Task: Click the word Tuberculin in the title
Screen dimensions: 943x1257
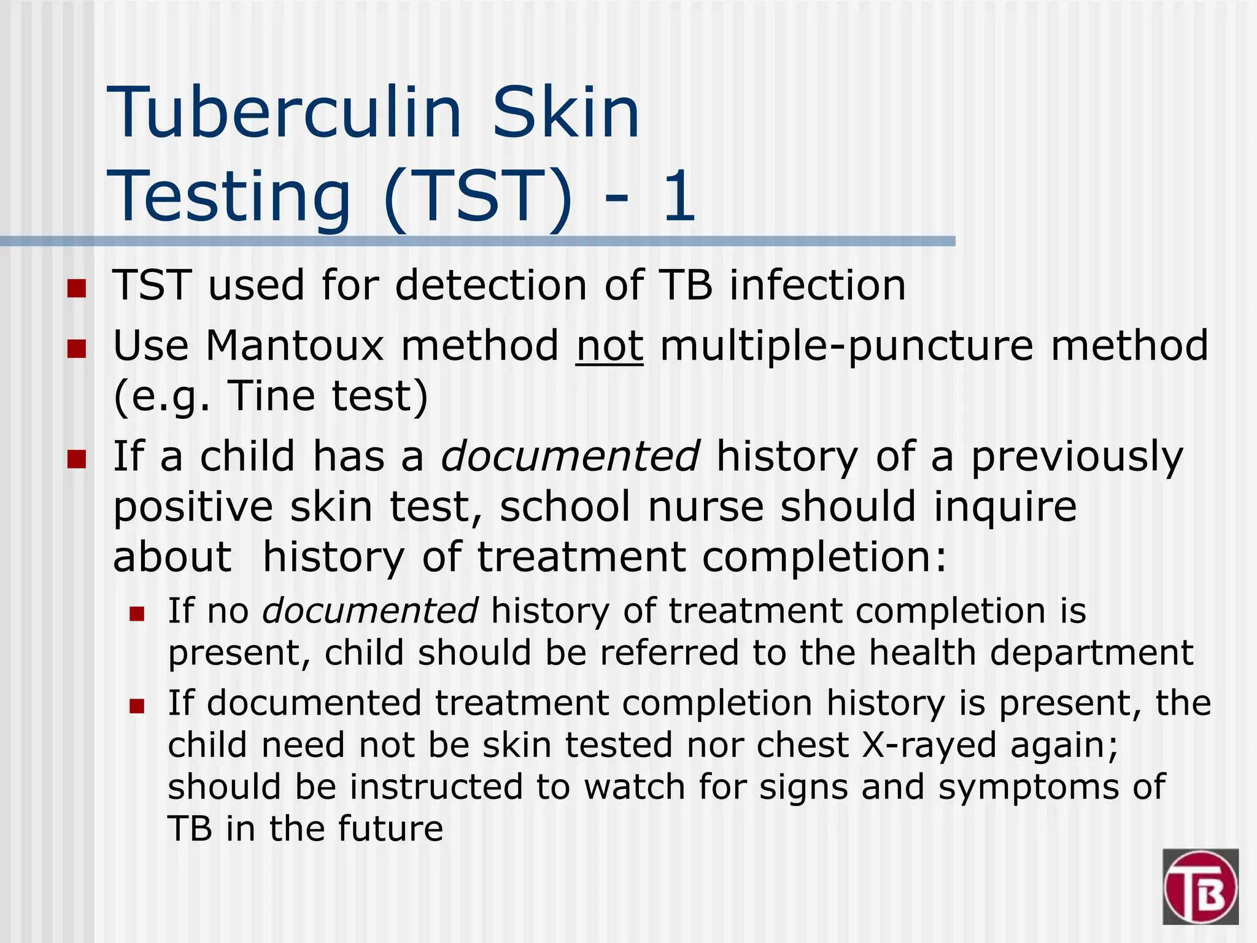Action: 284,114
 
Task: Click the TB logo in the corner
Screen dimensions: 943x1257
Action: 1200,887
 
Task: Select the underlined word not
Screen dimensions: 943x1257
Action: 609,346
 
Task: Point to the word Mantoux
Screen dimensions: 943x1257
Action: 294,346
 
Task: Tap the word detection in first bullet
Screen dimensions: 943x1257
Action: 491,285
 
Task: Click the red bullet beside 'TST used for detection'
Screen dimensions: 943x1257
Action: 77,288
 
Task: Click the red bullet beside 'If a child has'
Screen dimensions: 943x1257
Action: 77,459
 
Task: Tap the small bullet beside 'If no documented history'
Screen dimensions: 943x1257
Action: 136,613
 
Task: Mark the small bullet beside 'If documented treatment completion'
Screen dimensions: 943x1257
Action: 136,705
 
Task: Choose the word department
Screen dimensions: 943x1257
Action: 1091,653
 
